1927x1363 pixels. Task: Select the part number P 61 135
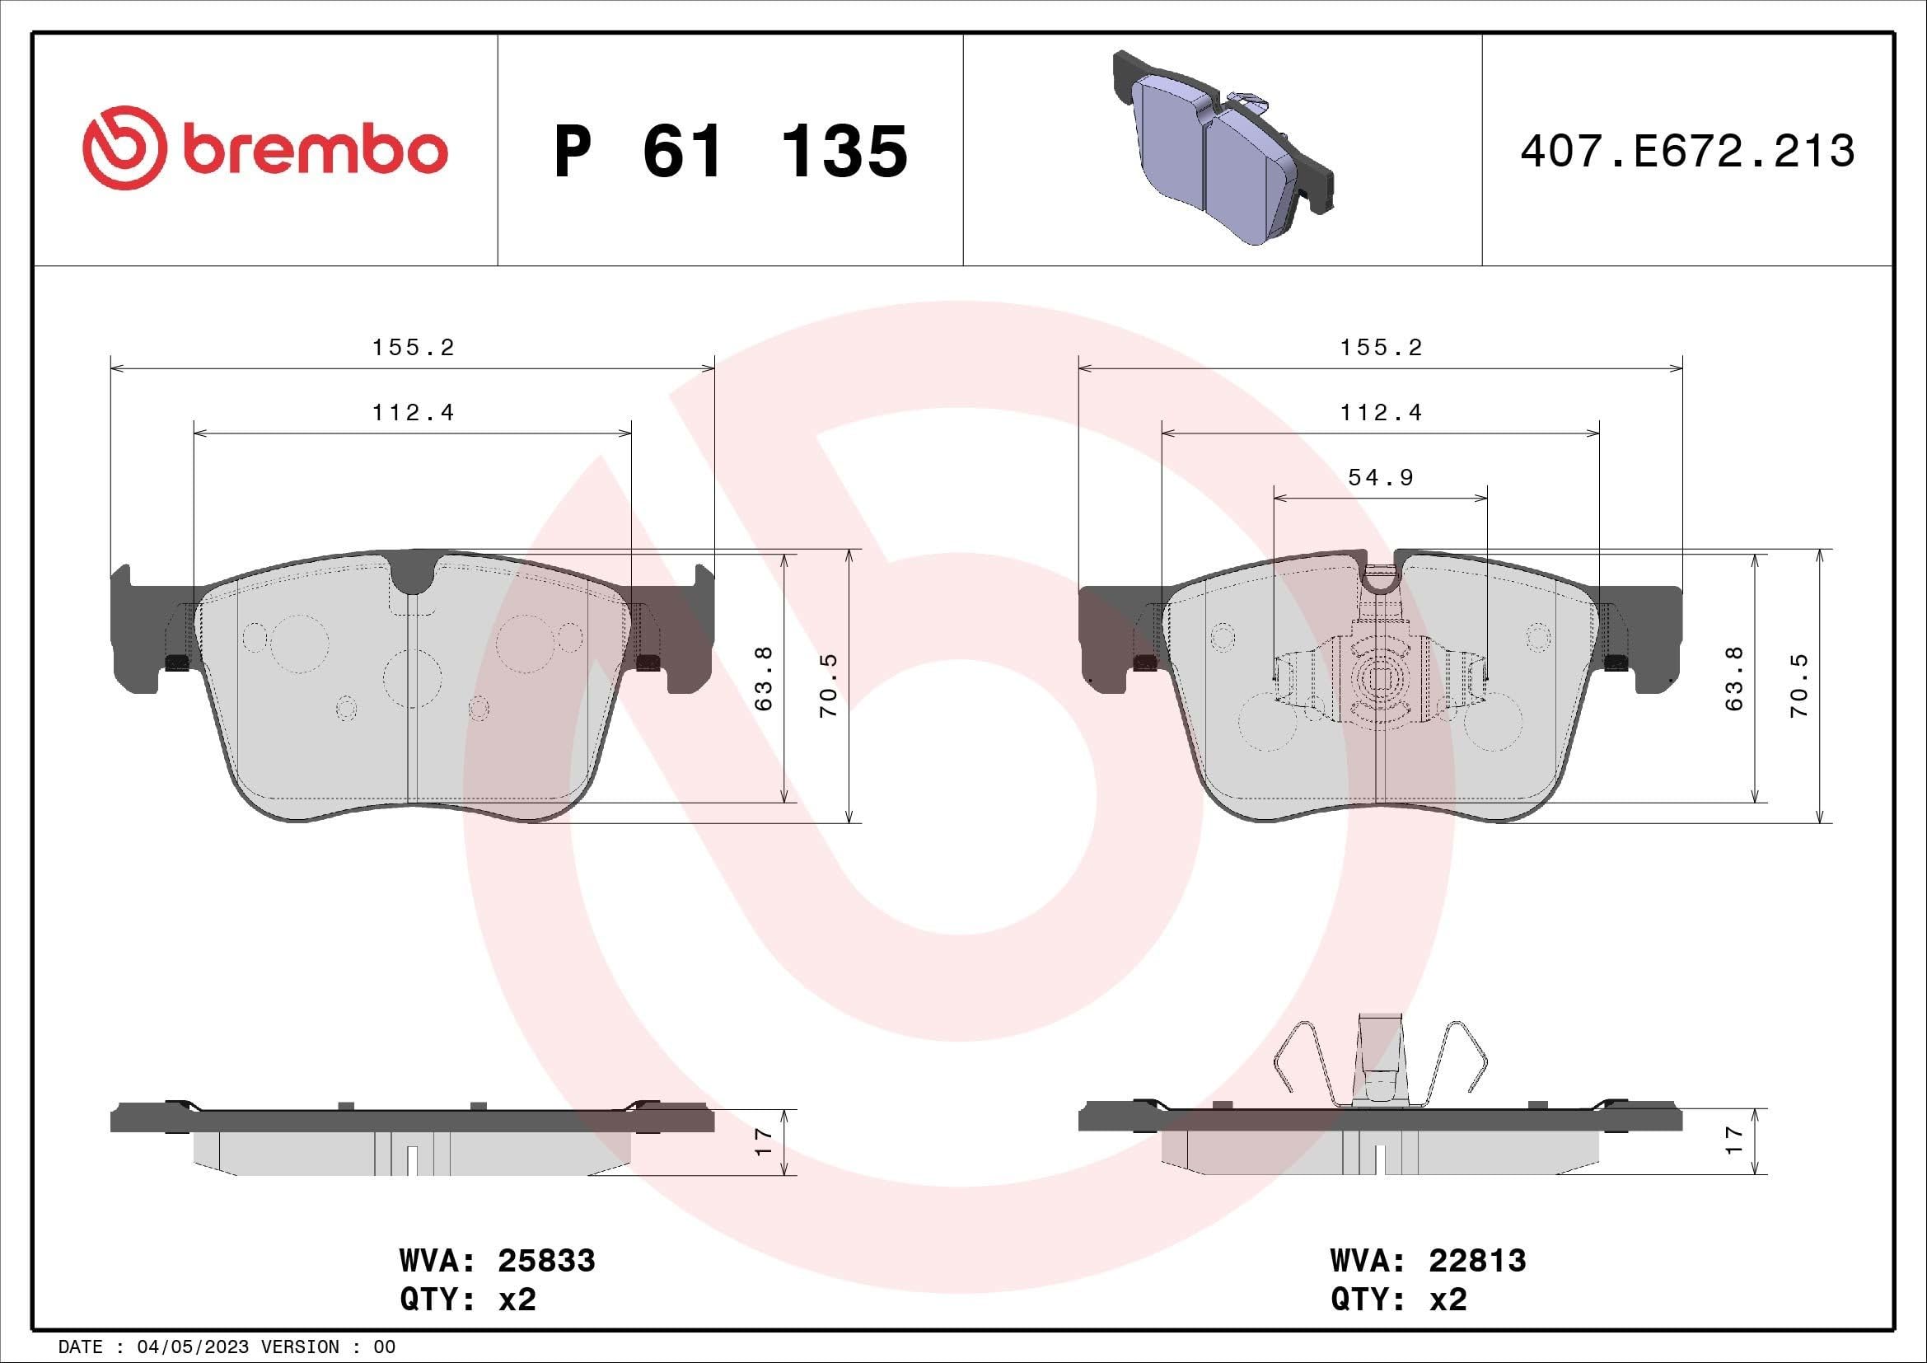(x=730, y=152)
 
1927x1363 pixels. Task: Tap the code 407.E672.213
(x=1687, y=152)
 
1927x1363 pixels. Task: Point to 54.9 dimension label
(x=1381, y=478)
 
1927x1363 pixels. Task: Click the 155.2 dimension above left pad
(x=413, y=348)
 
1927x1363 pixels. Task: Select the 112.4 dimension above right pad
(x=1381, y=413)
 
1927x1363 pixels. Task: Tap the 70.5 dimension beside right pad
(x=1799, y=686)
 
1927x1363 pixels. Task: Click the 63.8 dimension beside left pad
(x=764, y=677)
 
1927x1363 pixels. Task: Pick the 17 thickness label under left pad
(x=763, y=1141)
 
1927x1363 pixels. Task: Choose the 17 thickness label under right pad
(x=1734, y=1141)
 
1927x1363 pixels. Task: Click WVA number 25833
(x=546, y=1262)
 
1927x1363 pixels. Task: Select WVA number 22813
(x=1477, y=1262)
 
